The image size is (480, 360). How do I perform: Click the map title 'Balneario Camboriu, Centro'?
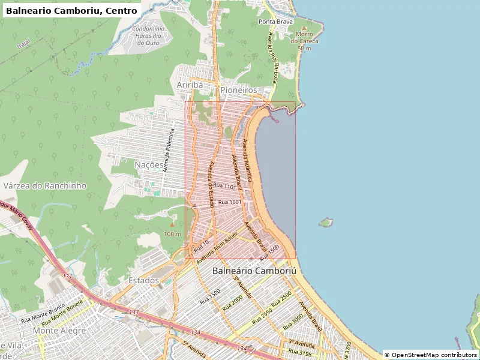point(71,10)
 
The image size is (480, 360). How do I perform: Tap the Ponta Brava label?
point(275,22)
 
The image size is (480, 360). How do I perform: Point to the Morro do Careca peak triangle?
point(304,28)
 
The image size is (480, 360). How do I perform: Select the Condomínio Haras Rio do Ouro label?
point(148,35)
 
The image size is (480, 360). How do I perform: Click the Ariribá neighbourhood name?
point(190,85)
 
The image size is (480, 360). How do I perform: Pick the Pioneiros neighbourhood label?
point(238,90)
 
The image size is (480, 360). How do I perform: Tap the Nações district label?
point(149,164)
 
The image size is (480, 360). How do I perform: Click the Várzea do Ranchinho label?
point(45,186)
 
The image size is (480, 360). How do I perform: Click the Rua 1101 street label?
point(226,187)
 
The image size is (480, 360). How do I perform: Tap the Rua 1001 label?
point(230,202)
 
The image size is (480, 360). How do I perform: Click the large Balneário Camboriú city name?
point(254,271)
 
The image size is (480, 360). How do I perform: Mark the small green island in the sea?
point(326,223)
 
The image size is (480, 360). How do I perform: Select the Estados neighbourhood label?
point(144,280)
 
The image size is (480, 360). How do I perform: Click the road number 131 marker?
point(68,277)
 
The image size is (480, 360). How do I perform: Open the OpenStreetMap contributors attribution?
point(431,355)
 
